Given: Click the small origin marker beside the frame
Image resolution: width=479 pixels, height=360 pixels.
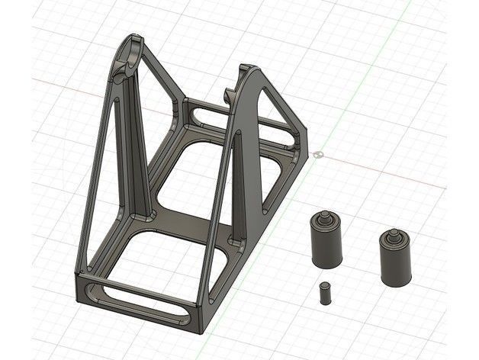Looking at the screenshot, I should (x=318, y=155).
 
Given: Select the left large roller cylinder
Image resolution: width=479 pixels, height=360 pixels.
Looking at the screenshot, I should (x=326, y=243).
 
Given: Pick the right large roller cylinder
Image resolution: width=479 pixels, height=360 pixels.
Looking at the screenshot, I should (x=396, y=260).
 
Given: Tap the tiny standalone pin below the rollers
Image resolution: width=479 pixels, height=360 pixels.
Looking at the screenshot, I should (x=326, y=293).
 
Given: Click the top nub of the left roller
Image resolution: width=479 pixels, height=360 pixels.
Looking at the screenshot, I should (x=326, y=217).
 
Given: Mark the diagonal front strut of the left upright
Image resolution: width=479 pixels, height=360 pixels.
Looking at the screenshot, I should (x=96, y=183).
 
